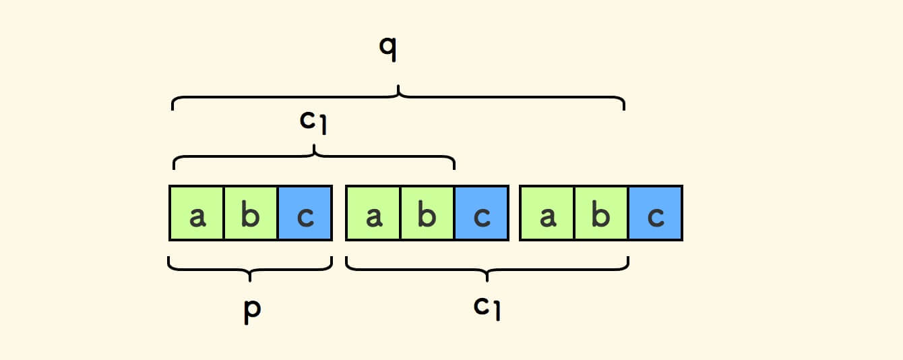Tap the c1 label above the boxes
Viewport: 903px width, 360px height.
pos(313,122)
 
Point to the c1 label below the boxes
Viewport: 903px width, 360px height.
pos(487,307)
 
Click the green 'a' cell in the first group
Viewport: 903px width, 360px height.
pos(197,213)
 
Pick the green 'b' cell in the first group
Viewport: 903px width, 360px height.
pos(251,213)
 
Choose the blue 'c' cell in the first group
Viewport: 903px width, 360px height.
pos(305,213)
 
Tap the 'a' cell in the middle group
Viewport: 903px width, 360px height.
pos(373,213)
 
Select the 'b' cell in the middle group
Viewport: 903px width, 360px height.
pos(427,213)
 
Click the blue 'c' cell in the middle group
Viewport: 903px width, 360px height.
pos(481,213)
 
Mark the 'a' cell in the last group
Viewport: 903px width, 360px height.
pos(547,213)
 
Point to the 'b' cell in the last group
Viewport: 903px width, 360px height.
pos(601,213)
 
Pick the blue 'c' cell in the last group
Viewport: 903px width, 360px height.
pos(655,213)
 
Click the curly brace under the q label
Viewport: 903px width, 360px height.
pos(398,96)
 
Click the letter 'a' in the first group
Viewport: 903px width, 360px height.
pos(197,217)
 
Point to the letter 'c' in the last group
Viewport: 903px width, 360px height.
pos(655,217)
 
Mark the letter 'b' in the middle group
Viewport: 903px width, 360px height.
pos(427,216)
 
